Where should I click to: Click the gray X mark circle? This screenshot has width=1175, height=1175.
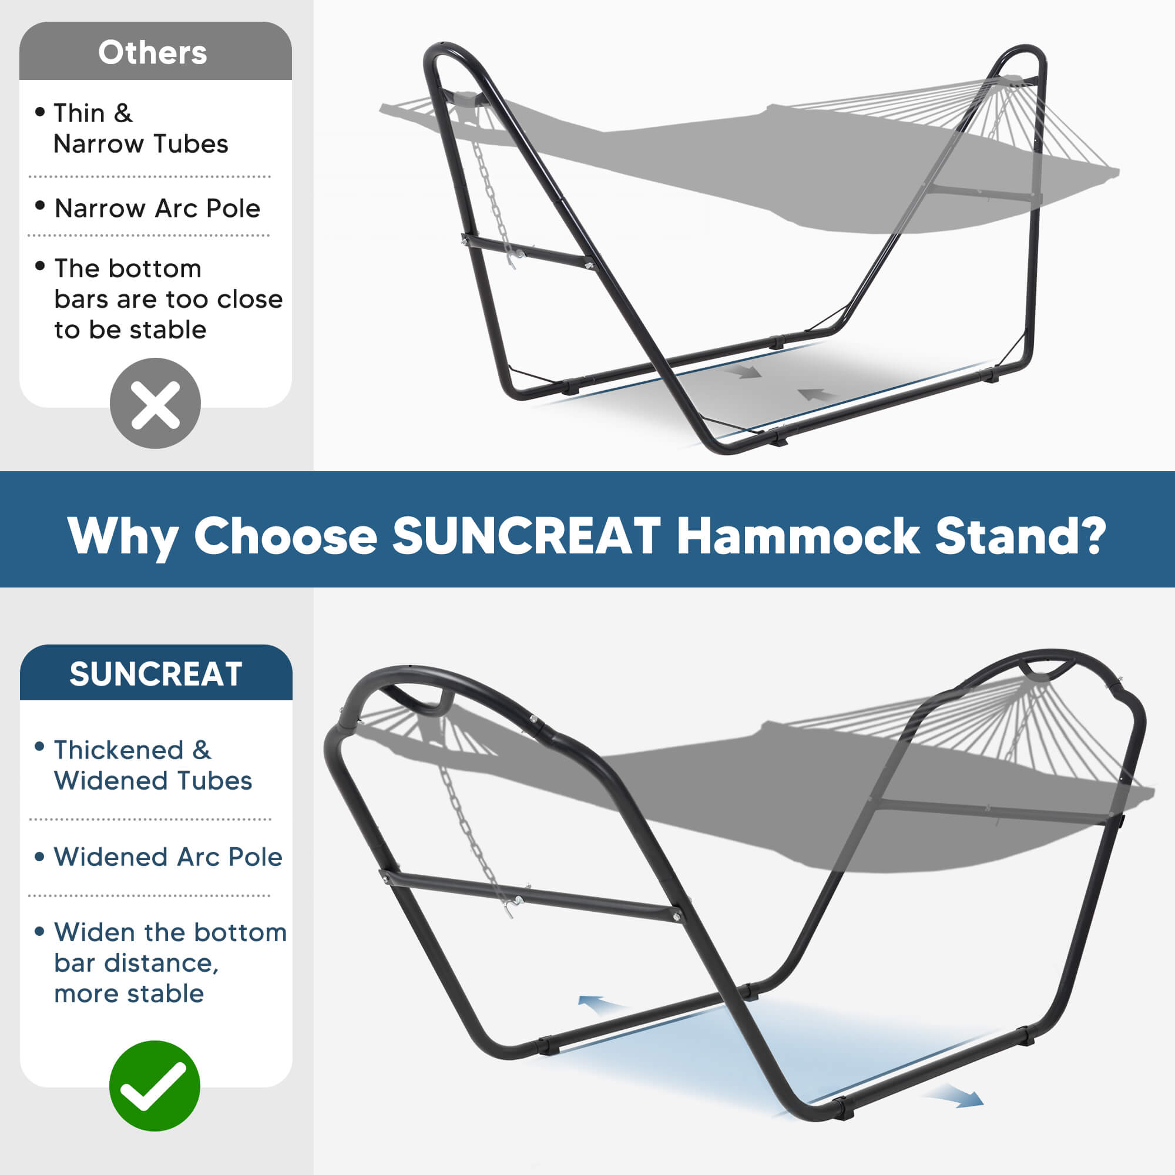click(155, 403)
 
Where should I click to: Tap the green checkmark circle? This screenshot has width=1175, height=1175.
click(155, 1086)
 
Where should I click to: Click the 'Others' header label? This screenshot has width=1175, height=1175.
click(153, 52)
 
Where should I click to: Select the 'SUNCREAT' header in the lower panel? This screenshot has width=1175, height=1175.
click(156, 674)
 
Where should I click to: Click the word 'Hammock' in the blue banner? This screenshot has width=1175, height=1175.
click(797, 536)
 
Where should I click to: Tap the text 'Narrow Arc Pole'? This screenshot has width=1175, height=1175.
click(157, 209)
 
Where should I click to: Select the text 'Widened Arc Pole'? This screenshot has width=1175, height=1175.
click(168, 857)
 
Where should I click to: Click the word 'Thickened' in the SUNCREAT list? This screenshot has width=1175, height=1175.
click(119, 750)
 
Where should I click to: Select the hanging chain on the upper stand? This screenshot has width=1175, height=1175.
click(493, 201)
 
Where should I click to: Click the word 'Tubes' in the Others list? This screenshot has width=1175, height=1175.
click(190, 144)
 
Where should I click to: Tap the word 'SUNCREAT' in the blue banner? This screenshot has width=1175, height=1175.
click(526, 536)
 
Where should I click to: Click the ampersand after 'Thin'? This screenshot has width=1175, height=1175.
click(123, 113)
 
